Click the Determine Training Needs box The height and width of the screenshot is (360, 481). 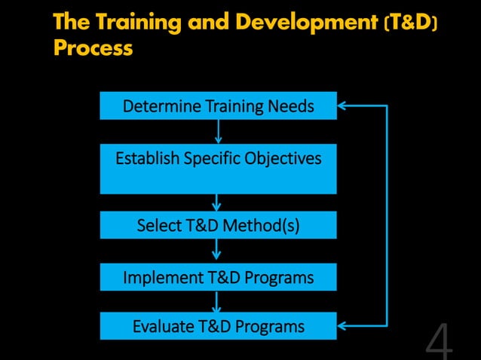(x=218, y=106)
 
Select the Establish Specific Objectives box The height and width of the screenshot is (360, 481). (x=218, y=169)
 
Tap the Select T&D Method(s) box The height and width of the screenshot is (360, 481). (x=218, y=225)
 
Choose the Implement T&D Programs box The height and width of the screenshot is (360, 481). (x=218, y=277)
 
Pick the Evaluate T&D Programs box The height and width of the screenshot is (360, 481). (x=218, y=326)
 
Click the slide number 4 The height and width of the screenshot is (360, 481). (x=440, y=343)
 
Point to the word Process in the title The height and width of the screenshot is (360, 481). (x=93, y=49)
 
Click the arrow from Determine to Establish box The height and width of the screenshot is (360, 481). (x=218, y=131)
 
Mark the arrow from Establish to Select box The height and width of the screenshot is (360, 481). (x=217, y=203)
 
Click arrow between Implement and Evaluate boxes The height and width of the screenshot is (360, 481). (x=217, y=301)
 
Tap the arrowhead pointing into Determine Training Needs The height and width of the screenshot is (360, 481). (x=342, y=106)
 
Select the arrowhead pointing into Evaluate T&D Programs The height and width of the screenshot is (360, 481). (x=342, y=326)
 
